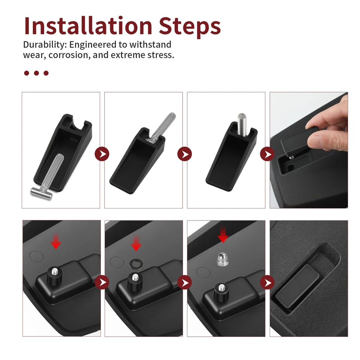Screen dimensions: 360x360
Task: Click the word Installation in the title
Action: pyautogui.click(x=88, y=26)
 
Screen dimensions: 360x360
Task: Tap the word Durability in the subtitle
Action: pyautogui.click(x=45, y=45)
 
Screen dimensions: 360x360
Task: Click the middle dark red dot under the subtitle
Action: pyautogui.click(x=36, y=73)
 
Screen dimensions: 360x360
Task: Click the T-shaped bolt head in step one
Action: pyautogui.click(x=41, y=193)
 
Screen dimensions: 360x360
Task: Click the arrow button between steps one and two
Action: pyautogui.click(x=102, y=154)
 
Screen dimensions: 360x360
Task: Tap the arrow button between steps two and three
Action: pyautogui.click(x=184, y=154)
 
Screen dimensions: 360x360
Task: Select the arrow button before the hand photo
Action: pyautogui.click(x=267, y=154)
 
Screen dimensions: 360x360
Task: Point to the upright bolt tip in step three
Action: pyautogui.click(x=241, y=116)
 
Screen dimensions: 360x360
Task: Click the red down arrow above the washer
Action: pyautogui.click(x=136, y=243)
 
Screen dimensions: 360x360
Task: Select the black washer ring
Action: pyautogui.click(x=136, y=264)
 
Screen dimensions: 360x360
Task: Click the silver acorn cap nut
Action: pyautogui.click(x=222, y=259)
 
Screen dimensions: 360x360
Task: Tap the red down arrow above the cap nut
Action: pyautogui.click(x=223, y=234)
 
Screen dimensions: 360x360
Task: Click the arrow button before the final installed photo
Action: pyautogui.click(x=267, y=282)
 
